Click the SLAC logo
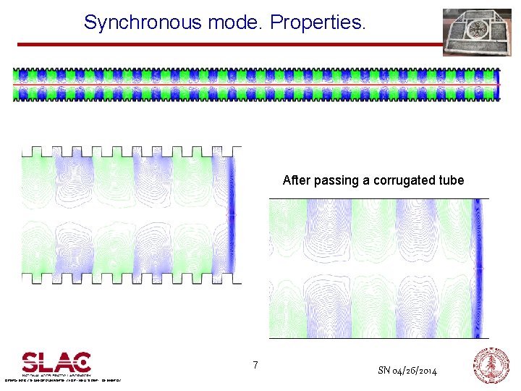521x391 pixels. click(56, 363)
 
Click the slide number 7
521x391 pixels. click(255, 366)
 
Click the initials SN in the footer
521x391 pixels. click(384, 371)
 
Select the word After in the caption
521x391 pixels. click(296, 180)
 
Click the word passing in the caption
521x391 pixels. click(334, 180)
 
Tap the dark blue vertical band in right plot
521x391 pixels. click(477, 267)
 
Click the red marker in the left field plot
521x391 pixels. click(232, 215)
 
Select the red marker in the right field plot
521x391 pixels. click(479, 268)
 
